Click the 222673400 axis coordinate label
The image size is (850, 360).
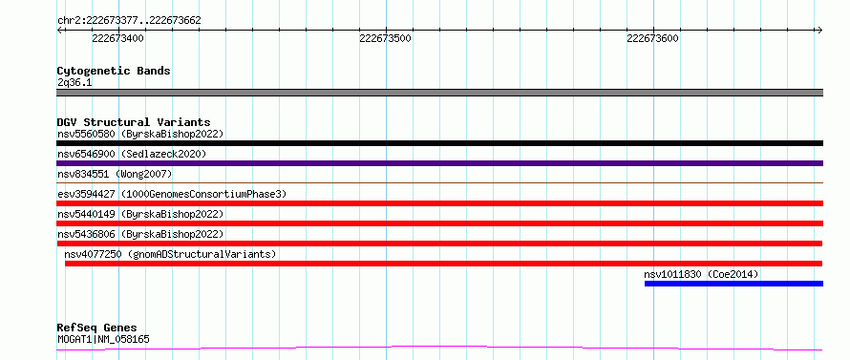pos(118,38)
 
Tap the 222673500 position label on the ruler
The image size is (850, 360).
pos(386,38)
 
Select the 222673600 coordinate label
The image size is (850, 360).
pos(652,38)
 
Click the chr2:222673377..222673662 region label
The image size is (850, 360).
pos(129,21)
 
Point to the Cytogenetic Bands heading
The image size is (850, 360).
pos(114,71)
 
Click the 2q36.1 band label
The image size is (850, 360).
pos(74,82)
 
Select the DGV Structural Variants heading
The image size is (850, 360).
pos(134,122)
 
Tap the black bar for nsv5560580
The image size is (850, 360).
pos(439,143)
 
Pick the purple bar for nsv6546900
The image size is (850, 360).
pos(439,163)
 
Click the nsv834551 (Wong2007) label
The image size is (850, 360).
pos(115,174)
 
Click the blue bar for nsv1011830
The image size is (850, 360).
pos(734,284)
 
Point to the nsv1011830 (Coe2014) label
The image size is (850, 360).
pos(701,274)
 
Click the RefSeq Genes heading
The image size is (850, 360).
pos(97,328)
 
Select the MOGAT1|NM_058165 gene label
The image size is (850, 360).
pos(103,340)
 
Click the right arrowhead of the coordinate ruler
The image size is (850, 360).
pos(820,31)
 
